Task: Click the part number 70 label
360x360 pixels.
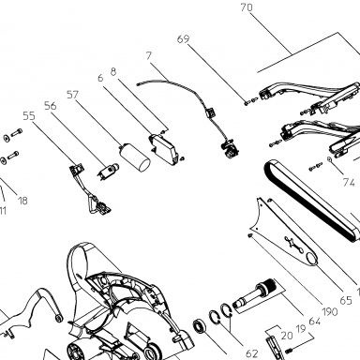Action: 247,7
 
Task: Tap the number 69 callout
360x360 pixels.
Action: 183,39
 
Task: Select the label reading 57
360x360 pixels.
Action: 72,95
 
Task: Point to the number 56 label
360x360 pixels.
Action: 51,106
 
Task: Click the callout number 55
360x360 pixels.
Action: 29,116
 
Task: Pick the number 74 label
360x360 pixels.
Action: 349,182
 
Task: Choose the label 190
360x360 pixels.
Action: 329,311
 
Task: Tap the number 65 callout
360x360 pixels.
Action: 346,300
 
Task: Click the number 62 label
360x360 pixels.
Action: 251,353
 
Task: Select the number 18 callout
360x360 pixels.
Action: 22,201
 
